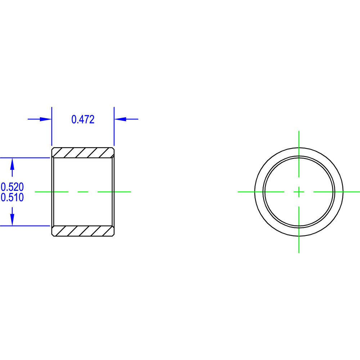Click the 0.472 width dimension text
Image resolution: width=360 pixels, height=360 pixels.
point(83,119)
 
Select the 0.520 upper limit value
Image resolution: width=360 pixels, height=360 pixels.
point(12,187)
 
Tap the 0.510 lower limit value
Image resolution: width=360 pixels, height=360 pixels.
point(12,197)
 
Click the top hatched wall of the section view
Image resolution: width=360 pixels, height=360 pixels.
point(83,153)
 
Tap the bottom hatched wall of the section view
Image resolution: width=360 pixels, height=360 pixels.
point(83,231)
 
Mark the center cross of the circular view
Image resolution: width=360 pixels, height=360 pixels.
point(299,192)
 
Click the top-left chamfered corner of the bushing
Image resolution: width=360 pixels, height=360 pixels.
point(53,149)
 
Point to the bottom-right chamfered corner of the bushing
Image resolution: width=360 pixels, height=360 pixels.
point(113,235)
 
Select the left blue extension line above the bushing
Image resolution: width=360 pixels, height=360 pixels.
point(52,126)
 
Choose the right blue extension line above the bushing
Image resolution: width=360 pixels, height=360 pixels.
point(114,126)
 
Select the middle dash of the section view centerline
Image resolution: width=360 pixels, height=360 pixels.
point(83,192)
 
